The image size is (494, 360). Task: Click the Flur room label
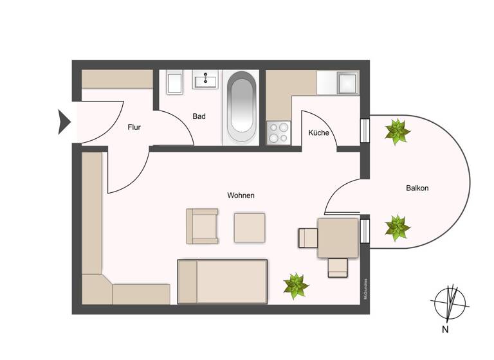point(134,127)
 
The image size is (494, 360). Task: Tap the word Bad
point(199,116)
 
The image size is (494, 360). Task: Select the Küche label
point(318,133)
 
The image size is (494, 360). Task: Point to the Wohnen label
point(241,195)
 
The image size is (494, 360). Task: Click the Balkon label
point(417,188)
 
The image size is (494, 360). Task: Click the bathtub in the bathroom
point(242,107)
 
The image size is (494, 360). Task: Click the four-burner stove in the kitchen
point(279,132)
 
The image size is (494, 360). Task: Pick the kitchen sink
point(348,83)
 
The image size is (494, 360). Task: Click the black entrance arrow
point(64,122)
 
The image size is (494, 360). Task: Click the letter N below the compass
point(444,330)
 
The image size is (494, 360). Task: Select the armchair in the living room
point(201,226)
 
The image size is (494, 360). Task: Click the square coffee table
point(250,228)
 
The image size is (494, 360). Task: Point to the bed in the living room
point(223,281)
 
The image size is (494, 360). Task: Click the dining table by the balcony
point(337,238)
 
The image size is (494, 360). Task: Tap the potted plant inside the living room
point(295,285)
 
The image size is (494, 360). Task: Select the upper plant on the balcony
point(397,132)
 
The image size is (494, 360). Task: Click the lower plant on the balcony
point(396,227)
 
